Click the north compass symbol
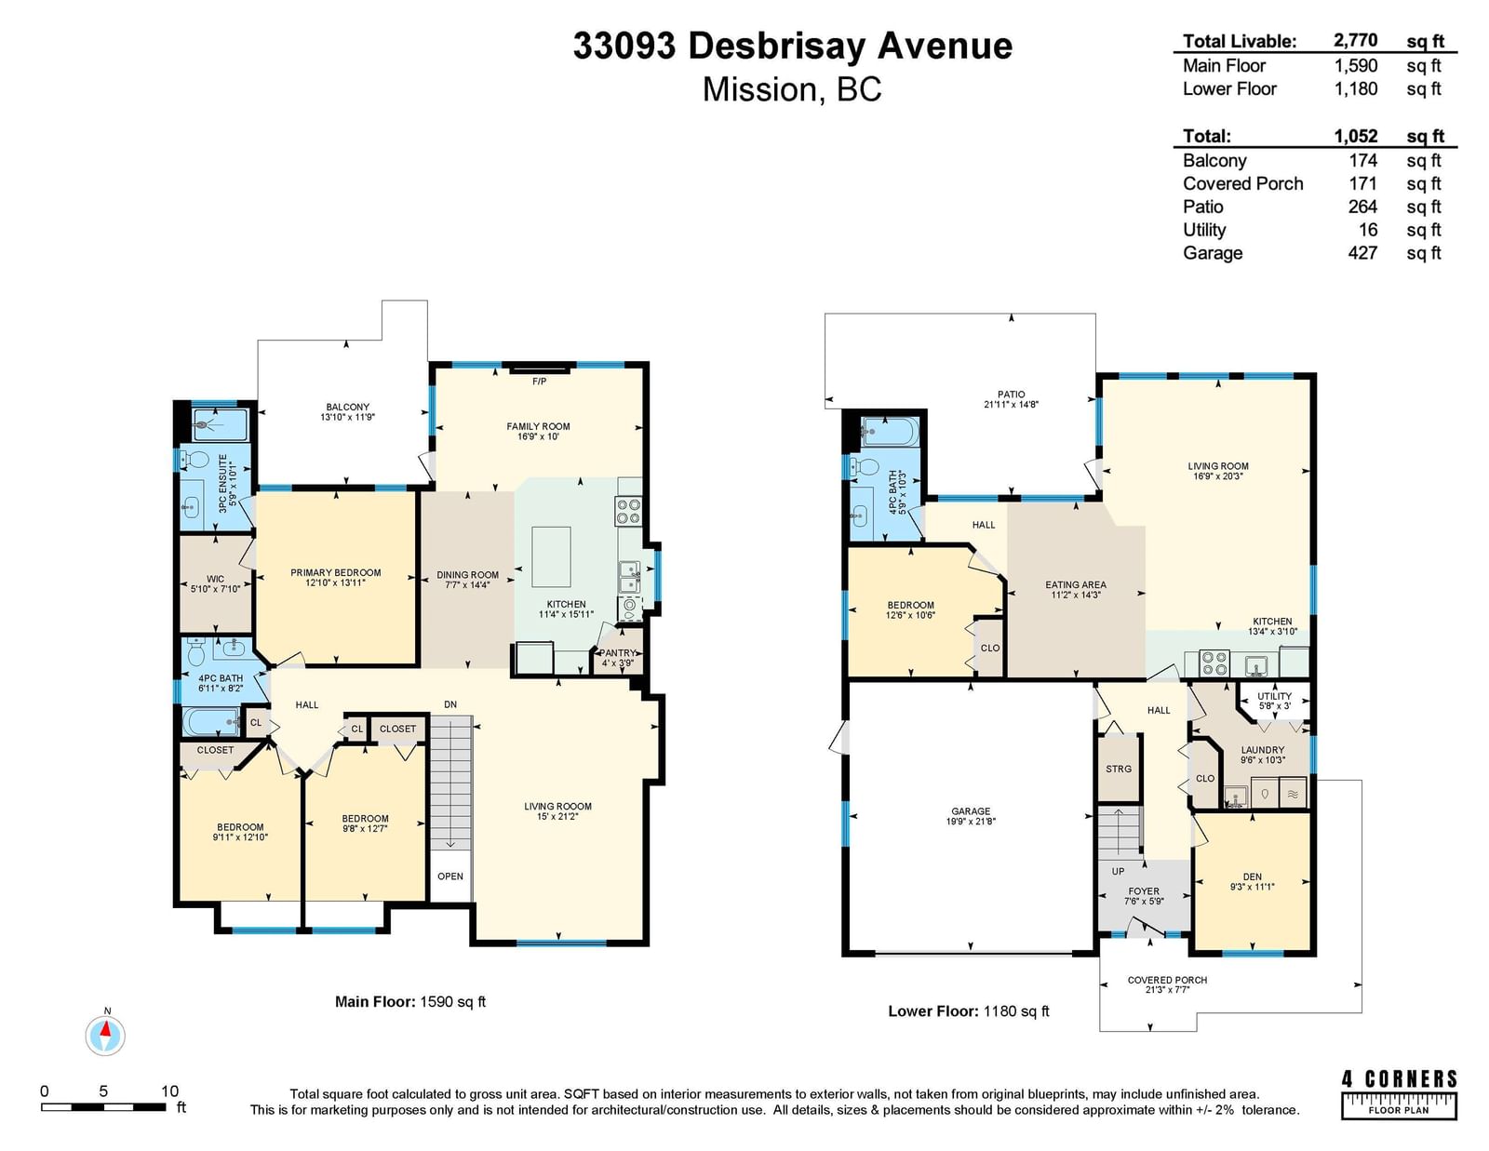[105, 1035]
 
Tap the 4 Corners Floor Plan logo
[1399, 1095]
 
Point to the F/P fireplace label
[539, 381]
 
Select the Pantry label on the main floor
[618, 653]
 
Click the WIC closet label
[215, 579]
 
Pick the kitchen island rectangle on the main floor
[551, 557]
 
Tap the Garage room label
[971, 811]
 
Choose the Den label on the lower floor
[1252, 877]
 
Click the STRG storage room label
[1119, 769]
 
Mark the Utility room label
[1275, 696]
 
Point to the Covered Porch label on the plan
[1168, 980]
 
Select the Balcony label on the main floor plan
[347, 407]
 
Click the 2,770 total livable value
[1355, 40]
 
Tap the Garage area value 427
[1363, 253]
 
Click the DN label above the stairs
[450, 704]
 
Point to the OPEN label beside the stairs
[450, 877]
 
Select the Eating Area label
[1076, 584]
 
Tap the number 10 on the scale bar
[170, 1091]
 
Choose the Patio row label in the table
[1202, 207]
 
